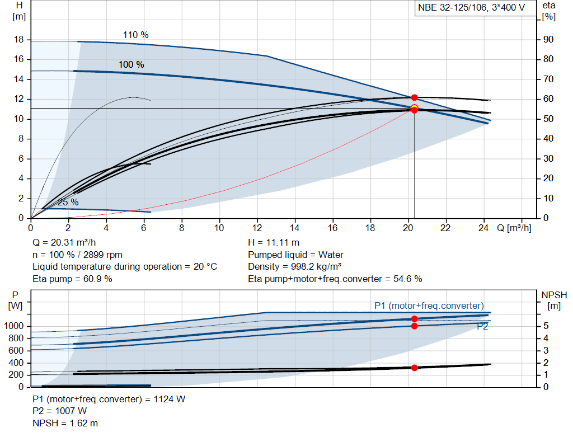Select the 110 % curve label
135,35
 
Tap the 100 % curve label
131,64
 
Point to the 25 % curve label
68,202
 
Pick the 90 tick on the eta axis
548,40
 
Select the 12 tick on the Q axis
257,228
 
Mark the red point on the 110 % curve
414,98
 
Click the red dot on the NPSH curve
414,368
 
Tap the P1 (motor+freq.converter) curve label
429,306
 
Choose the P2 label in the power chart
482,327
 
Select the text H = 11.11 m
274,243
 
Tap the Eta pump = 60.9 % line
72,279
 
